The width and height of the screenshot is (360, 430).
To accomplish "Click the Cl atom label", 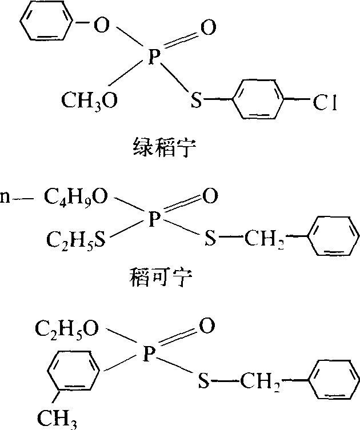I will [325, 103].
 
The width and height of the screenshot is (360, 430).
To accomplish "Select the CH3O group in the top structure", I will [90, 101].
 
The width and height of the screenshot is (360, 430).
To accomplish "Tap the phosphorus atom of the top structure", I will [152, 60].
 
